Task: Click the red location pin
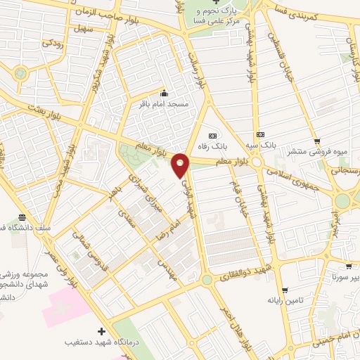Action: tap(181, 164)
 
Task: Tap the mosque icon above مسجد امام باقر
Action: tap(165, 93)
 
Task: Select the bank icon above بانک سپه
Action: tap(261, 134)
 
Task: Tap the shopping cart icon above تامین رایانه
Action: tap(284, 290)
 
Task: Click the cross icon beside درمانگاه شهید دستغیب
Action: tap(103, 330)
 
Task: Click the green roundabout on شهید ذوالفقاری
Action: tap(207, 279)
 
